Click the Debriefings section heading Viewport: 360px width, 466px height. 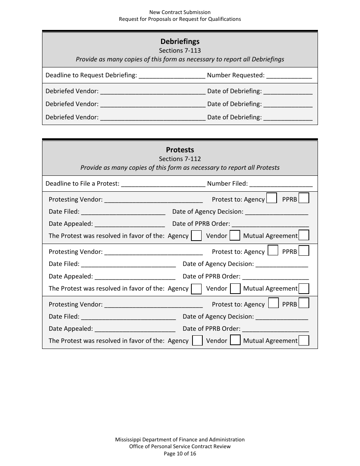[180, 42]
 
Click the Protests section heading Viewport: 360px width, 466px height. [180, 150]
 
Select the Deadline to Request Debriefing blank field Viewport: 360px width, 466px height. [172, 75]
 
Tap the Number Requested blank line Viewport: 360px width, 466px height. [289, 75]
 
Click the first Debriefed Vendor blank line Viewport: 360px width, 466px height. [153, 91]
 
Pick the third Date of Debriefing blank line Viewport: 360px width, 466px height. [288, 117]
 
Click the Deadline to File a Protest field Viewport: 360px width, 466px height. [163, 184]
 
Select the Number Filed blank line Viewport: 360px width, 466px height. [281, 184]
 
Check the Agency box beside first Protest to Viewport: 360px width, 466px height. [271, 198]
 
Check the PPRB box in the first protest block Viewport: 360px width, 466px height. [304, 198]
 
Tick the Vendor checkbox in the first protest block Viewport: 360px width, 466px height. [235, 236]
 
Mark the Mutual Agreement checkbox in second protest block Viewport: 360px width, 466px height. [304, 288]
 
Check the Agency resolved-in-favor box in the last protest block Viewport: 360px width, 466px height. [197, 341]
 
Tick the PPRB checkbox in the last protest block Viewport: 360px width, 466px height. [304, 303]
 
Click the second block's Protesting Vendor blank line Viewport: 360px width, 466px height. [153, 252]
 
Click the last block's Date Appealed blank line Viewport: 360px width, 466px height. [135, 329]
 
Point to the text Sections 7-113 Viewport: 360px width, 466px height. [180, 51]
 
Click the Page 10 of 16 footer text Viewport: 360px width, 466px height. [180, 453]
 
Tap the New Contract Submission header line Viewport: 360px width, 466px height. [180, 12]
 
